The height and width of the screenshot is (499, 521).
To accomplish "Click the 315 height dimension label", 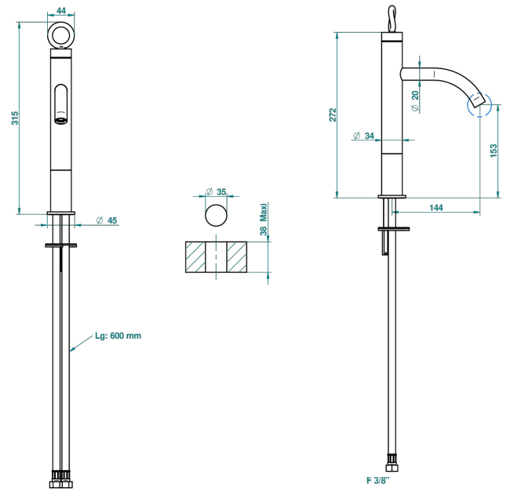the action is (x=15, y=118).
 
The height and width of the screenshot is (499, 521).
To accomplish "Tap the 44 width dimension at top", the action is (x=61, y=11).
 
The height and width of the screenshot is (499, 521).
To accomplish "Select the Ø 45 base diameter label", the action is (x=107, y=220).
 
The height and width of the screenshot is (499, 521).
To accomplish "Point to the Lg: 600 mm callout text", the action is (x=118, y=336).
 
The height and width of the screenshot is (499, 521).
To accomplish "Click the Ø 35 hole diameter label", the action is (x=216, y=191).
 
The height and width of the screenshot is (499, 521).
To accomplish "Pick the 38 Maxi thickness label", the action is (x=264, y=219).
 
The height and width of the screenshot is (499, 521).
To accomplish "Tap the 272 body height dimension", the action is (x=333, y=115).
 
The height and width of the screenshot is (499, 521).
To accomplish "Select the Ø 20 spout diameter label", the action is (x=415, y=101).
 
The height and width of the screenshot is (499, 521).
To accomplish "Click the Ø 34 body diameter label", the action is (x=364, y=136).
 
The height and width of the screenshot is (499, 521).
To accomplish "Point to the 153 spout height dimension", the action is (x=494, y=151).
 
